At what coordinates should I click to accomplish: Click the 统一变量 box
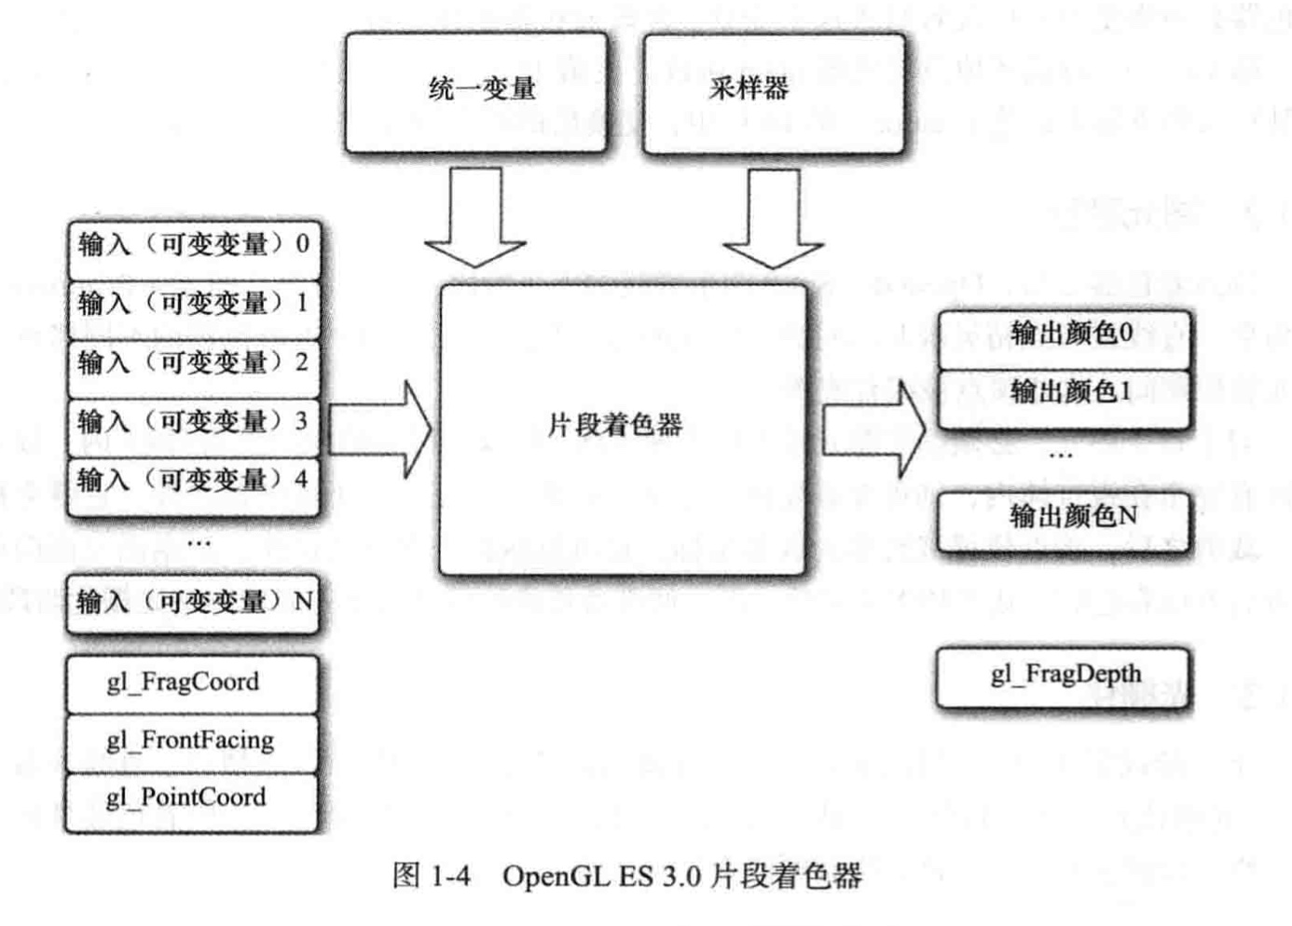click(476, 91)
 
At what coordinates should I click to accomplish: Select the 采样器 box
click(773, 91)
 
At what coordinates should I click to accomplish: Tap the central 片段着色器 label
click(615, 426)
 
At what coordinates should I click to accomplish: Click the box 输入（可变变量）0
click(194, 246)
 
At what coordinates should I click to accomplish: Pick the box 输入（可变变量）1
click(194, 305)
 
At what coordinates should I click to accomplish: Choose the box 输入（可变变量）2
click(194, 363)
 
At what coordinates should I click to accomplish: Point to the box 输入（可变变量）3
click(194, 422)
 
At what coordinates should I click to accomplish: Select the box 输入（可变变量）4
click(194, 482)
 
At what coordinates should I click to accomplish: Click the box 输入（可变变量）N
click(194, 603)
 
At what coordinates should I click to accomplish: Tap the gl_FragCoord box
click(192, 683)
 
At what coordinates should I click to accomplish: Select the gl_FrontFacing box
click(192, 742)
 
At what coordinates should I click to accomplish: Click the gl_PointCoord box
click(192, 799)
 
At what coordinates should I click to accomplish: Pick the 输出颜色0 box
click(1064, 334)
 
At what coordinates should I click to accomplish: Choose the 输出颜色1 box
click(1064, 393)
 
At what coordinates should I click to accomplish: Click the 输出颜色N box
click(1064, 518)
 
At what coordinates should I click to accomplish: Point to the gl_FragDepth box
click(1064, 675)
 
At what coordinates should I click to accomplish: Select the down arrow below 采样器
click(773, 219)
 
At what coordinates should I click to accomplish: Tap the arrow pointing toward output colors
click(873, 431)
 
